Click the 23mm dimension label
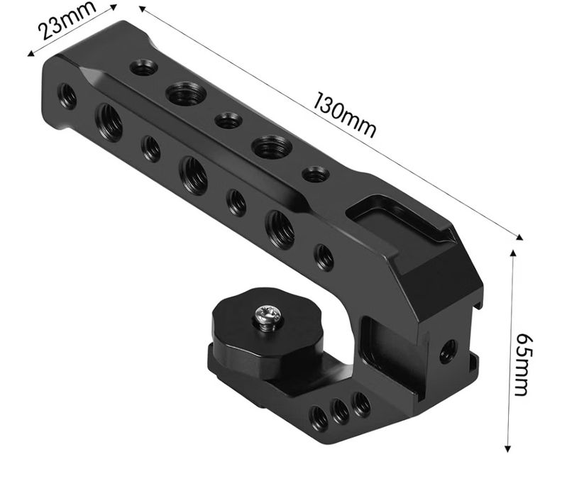[x=67, y=19]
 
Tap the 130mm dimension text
[x=345, y=115]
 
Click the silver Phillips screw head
[x=268, y=317]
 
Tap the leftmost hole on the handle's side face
[x=67, y=96]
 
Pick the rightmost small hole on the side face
[x=324, y=258]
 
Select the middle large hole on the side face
[x=194, y=175]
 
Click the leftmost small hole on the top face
[x=144, y=67]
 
